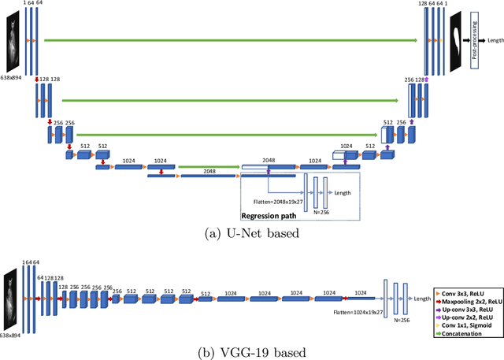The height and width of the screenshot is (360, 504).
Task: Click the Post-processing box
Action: point(475,39)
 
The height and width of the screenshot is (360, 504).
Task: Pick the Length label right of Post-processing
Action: point(495,40)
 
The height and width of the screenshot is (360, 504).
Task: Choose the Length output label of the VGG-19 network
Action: point(422,299)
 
